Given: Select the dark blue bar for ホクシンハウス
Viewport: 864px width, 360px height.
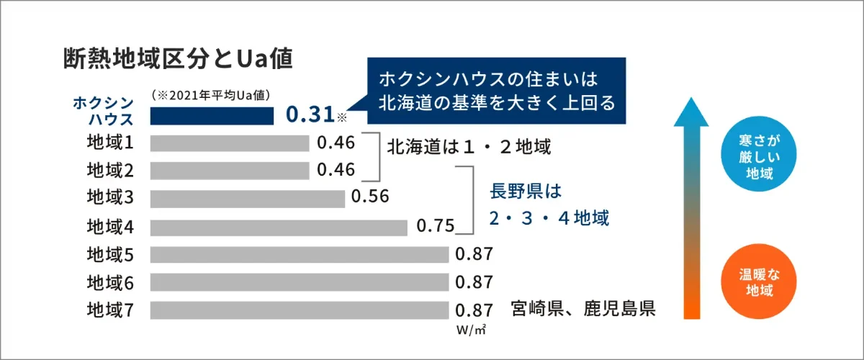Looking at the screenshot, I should [x=212, y=114].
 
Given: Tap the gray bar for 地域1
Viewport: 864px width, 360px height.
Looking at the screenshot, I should [x=229, y=143].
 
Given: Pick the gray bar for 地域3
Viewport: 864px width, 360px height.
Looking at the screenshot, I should [x=247, y=198].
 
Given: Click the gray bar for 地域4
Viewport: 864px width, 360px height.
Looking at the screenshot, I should [x=279, y=227].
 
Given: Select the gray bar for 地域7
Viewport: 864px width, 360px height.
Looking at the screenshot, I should [x=300, y=310].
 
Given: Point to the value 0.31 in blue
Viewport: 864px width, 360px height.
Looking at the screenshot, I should [x=310, y=114].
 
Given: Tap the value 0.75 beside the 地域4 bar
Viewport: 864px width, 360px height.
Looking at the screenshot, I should [x=436, y=226].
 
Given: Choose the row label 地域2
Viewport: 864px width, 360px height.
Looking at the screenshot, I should [x=110, y=171].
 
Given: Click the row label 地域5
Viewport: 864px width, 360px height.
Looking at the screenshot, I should [x=110, y=254].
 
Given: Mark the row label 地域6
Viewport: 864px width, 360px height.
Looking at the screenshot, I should [x=110, y=282].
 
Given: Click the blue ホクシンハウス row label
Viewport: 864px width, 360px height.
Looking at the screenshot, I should [x=102, y=111].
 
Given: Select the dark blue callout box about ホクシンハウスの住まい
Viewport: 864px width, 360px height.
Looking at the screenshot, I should [x=496, y=91].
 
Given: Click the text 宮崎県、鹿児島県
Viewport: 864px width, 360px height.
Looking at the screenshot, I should [x=582, y=310].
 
